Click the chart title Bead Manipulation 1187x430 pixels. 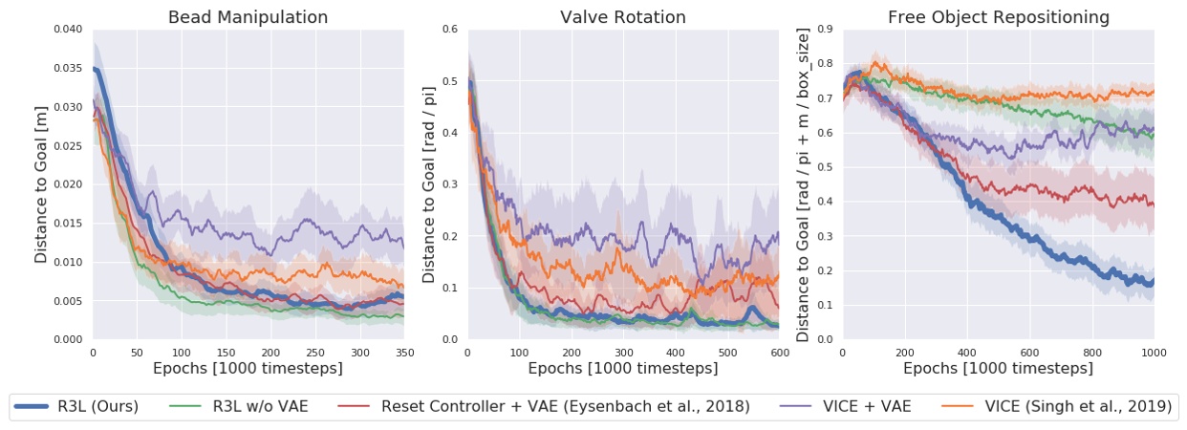248,17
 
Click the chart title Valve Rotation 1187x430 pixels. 622,17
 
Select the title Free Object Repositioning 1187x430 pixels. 998,17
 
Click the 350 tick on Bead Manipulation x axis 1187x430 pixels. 402,352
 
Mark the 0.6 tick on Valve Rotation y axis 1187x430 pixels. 449,29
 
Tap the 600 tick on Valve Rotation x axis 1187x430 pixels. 779,352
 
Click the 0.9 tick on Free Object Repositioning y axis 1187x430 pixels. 824,29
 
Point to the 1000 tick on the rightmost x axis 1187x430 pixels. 1154,352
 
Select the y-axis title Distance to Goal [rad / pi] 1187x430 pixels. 427,183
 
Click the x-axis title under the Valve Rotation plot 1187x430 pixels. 622,368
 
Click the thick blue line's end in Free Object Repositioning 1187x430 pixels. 1153,281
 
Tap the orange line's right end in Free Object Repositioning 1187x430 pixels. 1153,93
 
